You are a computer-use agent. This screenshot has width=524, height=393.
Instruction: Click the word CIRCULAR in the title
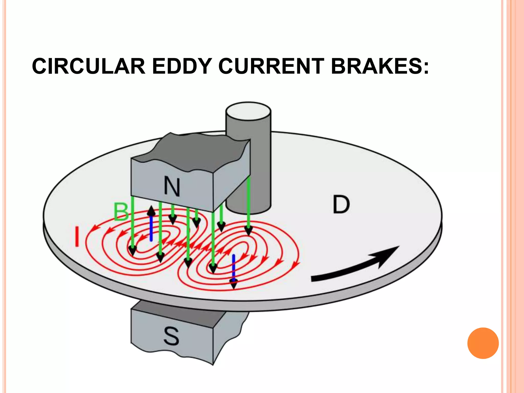89,66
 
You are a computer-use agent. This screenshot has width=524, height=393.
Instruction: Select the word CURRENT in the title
271,66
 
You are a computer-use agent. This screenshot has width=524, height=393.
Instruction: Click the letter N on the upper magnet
172,187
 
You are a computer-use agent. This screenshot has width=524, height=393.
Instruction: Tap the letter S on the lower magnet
171,336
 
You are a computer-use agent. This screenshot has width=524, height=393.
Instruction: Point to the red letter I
77,237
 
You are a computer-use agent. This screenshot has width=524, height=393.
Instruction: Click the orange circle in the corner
483,343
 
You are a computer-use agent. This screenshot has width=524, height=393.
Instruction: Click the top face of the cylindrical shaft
248,111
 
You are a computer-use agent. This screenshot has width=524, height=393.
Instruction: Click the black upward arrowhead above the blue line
151,211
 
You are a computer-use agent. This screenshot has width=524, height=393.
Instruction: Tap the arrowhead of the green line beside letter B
133,251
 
